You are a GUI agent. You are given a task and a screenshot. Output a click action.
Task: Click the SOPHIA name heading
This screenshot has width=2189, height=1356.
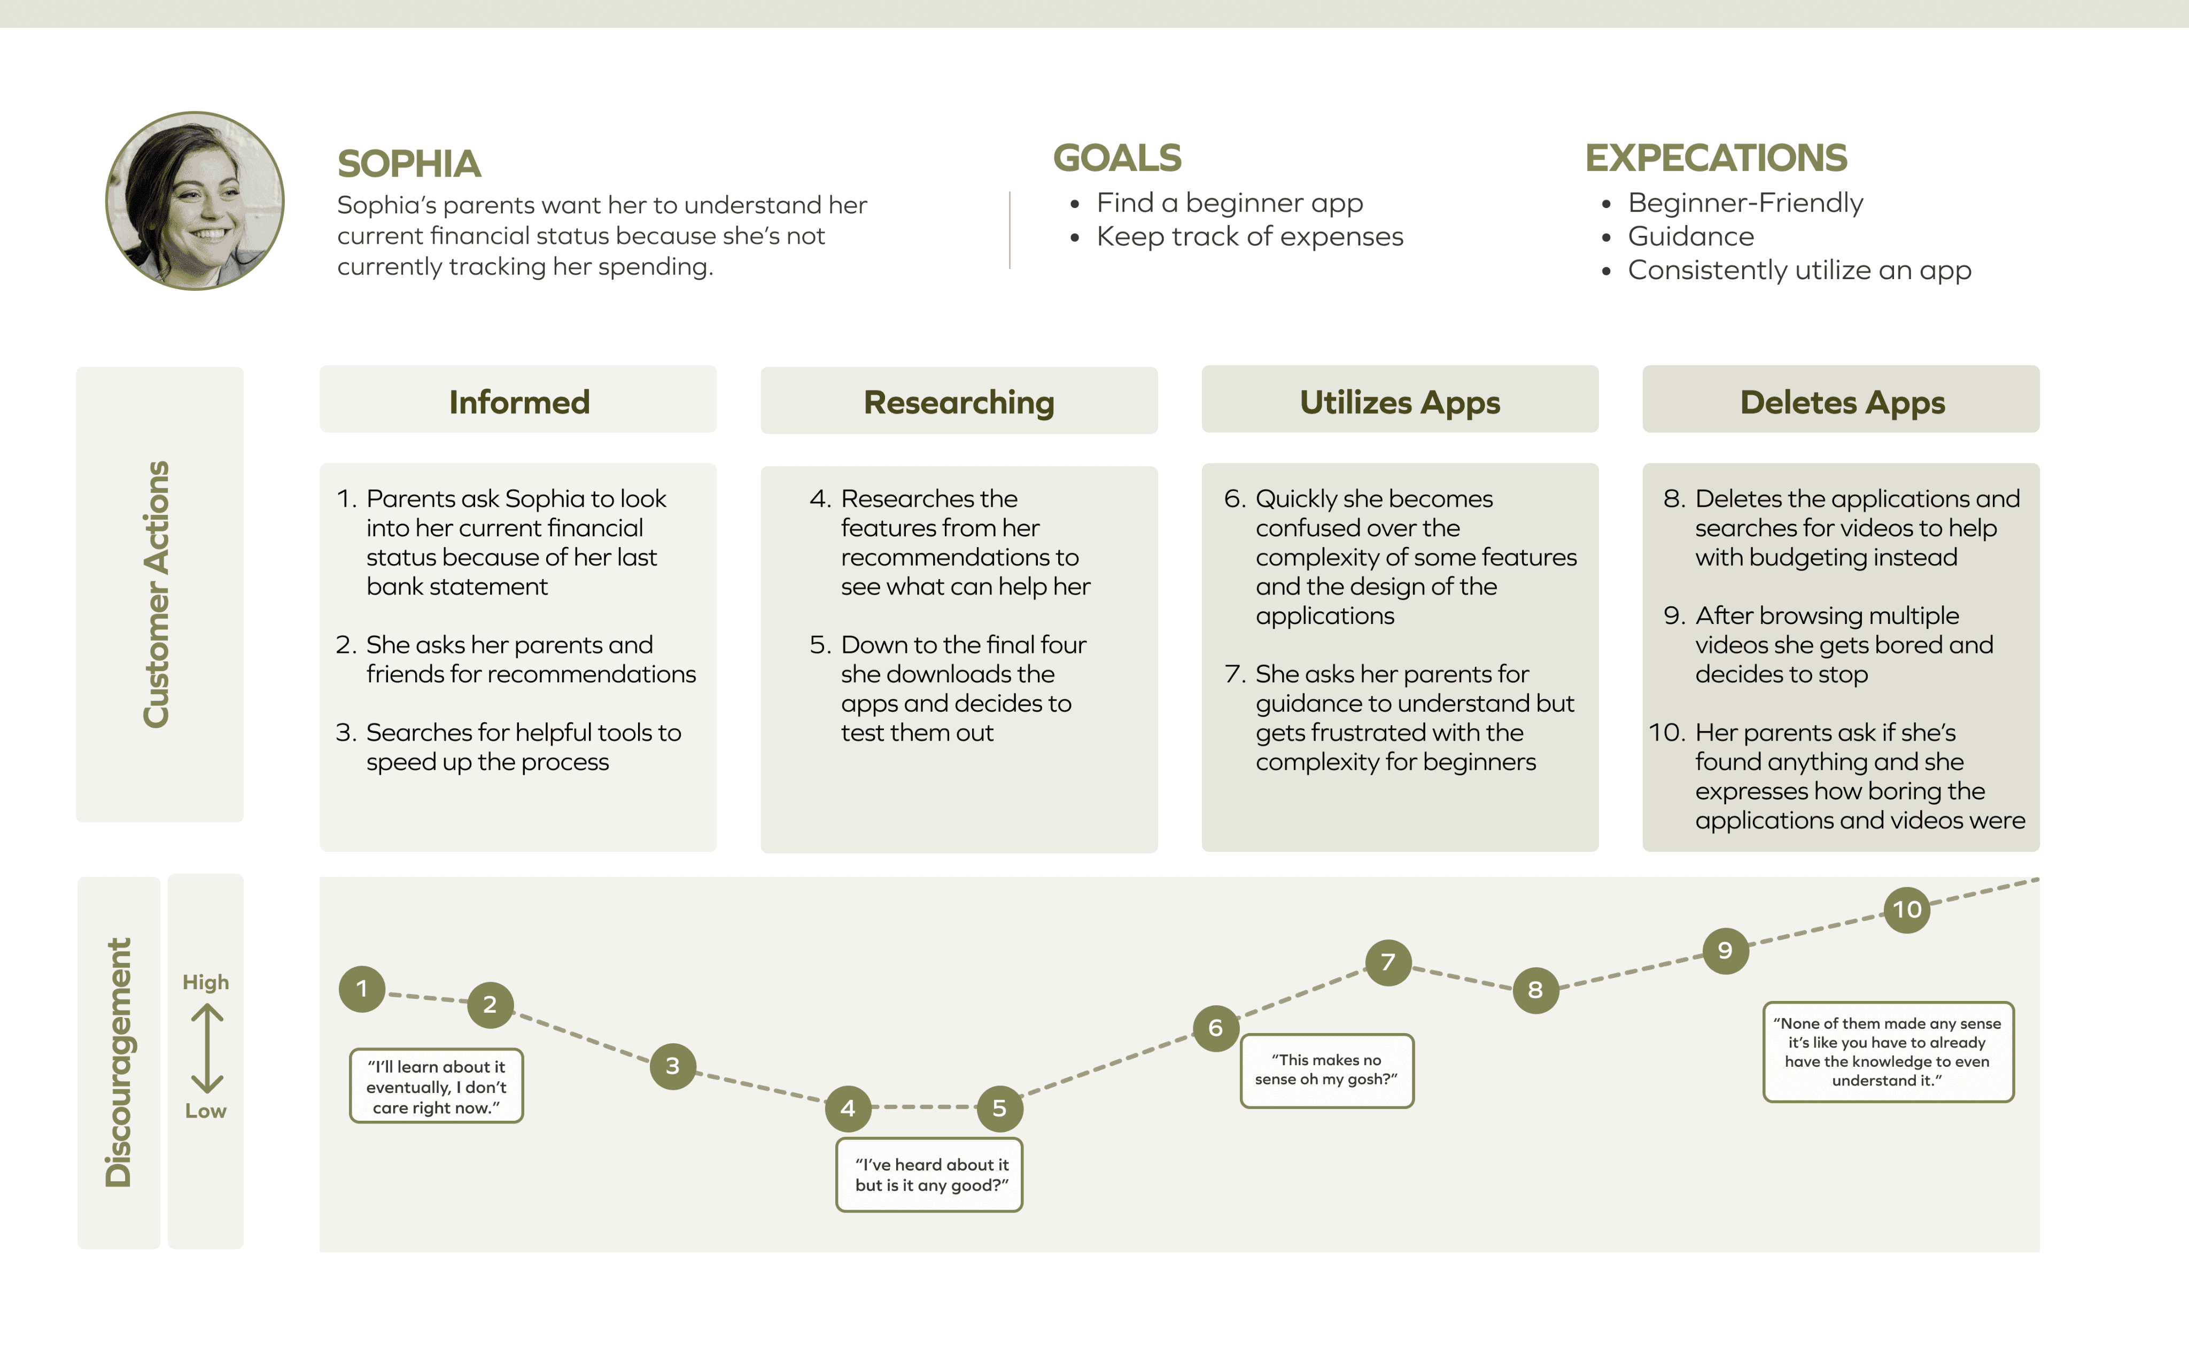pos(409,164)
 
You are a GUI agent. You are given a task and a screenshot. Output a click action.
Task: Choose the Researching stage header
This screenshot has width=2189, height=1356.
pos(958,402)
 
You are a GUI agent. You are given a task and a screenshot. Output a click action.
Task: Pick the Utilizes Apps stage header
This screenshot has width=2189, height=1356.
pos(1399,401)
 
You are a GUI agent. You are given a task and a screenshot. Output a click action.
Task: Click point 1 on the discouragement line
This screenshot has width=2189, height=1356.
pos(362,989)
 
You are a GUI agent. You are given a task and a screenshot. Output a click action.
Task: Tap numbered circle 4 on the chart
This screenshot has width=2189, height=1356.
pos(847,1108)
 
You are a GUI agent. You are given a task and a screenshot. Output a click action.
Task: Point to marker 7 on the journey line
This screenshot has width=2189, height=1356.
pos(1387,962)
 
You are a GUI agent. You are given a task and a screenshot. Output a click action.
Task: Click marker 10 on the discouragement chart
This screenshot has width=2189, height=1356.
pos(1907,910)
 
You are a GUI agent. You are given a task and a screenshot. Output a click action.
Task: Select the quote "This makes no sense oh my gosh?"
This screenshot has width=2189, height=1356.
pos(1326,1070)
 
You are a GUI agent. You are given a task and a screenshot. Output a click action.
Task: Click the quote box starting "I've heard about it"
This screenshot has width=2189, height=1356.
pos(929,1175)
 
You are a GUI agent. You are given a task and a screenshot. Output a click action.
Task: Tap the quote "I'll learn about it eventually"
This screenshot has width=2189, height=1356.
pos(437,1086)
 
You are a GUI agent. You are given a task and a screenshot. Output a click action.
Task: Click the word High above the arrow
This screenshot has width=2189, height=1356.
pos(205,982)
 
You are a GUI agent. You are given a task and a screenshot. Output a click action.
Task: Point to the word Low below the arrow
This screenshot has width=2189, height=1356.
pos(205,1111)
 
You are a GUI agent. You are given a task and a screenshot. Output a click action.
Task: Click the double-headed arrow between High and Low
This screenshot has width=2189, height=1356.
pos(207,1047)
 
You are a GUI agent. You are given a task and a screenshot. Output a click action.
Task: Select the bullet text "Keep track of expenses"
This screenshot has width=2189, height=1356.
pos(1249,237)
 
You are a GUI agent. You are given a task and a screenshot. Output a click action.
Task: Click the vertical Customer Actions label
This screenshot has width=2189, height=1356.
pos(157,594)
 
